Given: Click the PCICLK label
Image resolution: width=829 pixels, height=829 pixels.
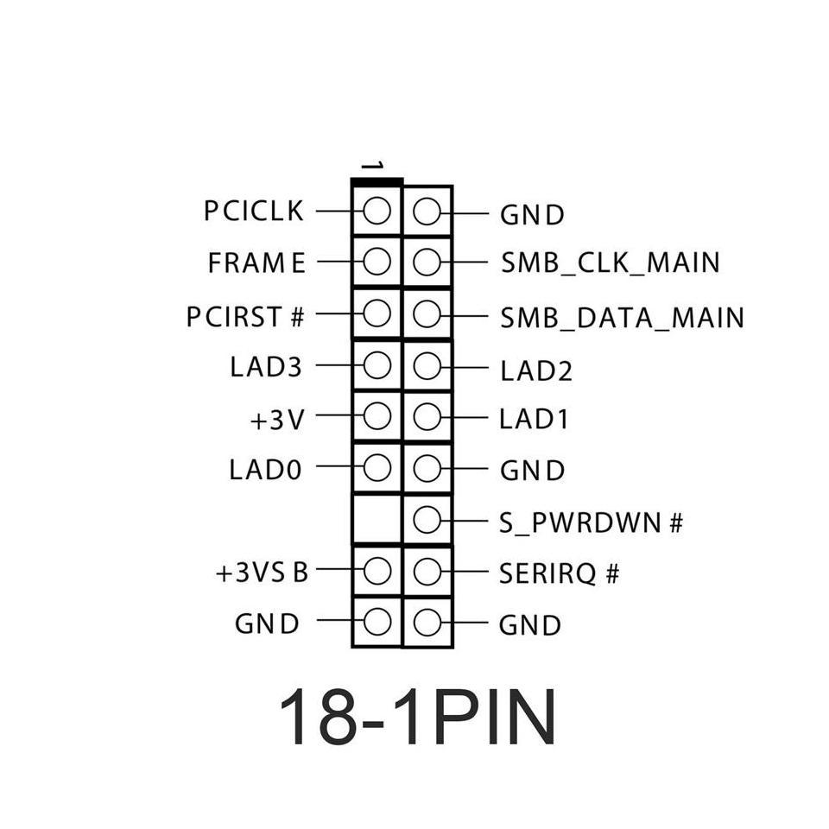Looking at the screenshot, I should tap(254, 211).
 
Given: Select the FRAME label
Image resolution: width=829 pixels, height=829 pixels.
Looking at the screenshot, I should tap(256, 263).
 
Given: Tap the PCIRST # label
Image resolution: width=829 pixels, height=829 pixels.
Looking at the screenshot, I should tap(246, 317).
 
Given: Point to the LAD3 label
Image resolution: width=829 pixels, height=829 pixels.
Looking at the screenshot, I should tap(266, 366).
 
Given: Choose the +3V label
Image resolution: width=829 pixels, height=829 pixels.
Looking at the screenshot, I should tap(277, 420).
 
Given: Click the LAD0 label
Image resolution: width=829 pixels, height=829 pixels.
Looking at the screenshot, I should tap(266, 470).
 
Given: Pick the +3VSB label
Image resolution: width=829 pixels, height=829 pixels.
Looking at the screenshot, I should tap(262, 573).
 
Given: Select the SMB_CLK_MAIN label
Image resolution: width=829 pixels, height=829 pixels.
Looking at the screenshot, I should tap(610, 263).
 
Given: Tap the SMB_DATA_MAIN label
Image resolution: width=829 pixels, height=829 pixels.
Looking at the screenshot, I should tap(622, 318).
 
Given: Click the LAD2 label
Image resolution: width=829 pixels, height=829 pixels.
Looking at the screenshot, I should tap(535, 371).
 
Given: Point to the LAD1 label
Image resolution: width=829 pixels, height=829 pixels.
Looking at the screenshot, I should tap(535, 420).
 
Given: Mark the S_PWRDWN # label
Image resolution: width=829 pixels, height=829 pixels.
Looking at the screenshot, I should tap(591, 522).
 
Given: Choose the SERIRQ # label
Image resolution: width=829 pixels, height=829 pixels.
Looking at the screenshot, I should tap(559, 573).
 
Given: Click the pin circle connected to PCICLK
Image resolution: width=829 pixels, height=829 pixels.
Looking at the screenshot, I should tap(377, 211).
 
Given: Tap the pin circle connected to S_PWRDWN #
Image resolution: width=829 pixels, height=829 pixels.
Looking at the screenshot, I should tap(427, 520).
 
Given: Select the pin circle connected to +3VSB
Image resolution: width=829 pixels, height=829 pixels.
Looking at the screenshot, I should tap(377, 571).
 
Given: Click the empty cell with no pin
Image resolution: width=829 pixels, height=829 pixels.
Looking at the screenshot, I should tap(377, 520).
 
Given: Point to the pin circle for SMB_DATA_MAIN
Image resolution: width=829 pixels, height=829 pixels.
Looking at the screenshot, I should tap(427, 313).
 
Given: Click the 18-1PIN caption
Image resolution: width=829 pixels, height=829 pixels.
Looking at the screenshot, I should tap(417, 717).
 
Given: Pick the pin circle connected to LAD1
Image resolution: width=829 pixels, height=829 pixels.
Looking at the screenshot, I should tap(427, 417).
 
